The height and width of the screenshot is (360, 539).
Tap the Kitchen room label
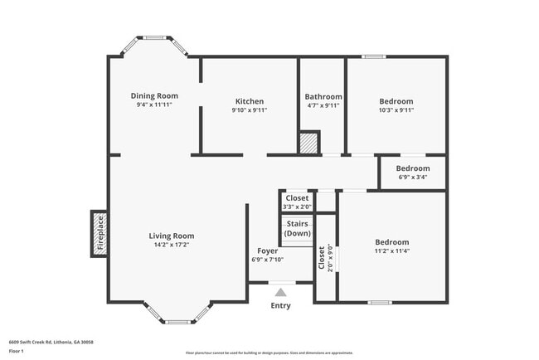[x=249, y=101]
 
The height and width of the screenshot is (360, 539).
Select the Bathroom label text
[x=323, y=97]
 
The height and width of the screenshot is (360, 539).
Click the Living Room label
[x=172, y=236]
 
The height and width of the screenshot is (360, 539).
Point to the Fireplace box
[x=100, y=233]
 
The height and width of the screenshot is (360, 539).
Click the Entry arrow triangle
[x=281, y=292]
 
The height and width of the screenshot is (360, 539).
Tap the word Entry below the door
[x=281, y=306]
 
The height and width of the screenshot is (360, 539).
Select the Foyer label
[x=267, y=251]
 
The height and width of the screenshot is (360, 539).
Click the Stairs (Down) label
[x=298, y=229]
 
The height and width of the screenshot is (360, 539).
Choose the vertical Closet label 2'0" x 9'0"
[x=326, y=258]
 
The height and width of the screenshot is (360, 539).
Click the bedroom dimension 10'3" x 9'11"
[x=396, y=110]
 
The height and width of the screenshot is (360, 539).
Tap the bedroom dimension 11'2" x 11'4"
[x=392, y=251]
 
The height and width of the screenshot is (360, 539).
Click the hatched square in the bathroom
[x=309, y=143]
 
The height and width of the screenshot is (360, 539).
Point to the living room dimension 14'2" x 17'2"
[x=172, y=245]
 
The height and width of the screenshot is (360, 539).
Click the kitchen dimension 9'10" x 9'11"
[x=249, y=110]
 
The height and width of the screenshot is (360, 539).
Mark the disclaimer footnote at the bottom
[x=269, y=352]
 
